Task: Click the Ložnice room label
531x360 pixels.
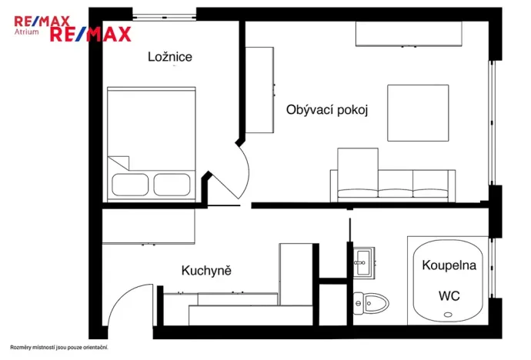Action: pos(170,57)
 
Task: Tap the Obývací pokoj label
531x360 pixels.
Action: pos(327,110)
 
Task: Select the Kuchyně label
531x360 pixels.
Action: pos(206,270)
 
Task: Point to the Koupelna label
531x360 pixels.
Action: pos(449,265)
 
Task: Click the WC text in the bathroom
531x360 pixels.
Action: pos(449,295)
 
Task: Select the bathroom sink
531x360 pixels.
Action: pos(363,262)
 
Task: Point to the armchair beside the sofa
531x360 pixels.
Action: pos(358,171)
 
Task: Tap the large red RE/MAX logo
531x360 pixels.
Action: pos(91,34)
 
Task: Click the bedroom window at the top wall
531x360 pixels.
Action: pos(164,14)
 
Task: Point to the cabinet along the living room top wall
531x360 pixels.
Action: pos(409,34)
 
